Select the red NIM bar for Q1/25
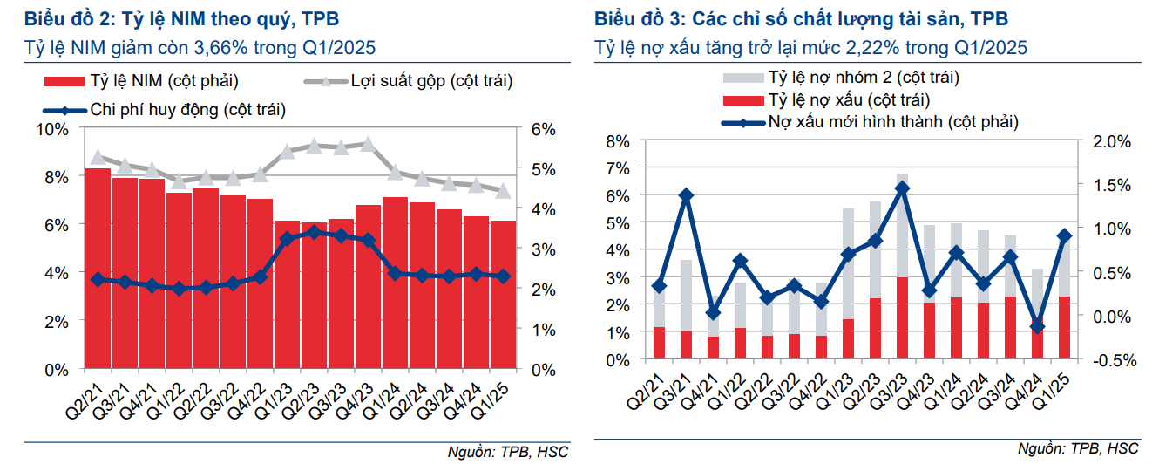click(x=503, y=297)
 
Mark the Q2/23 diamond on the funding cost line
click(x=314, y=232)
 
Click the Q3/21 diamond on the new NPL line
click(x=687, y=195)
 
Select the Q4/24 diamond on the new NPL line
click(x=1037, y=325)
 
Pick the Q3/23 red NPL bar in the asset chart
click(x=902, y=317)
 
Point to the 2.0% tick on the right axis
click(x=1112, y=141)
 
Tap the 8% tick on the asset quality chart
click(x=617, y=141)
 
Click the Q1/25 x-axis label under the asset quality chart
click(x=1061, y=391)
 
